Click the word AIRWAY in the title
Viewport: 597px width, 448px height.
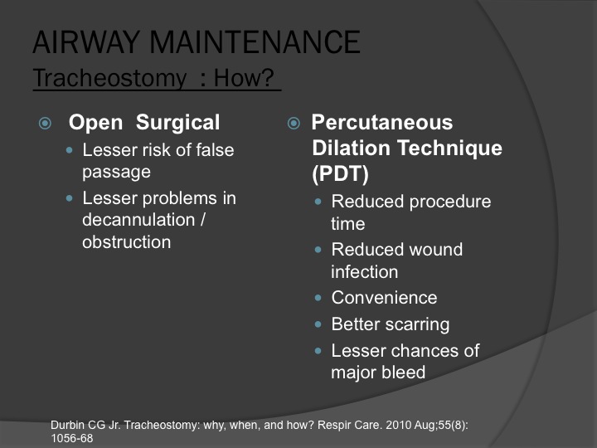pyautogui.click(x=86, y=42)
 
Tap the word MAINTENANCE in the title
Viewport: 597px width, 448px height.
pyautogui.click(x=255, y=42)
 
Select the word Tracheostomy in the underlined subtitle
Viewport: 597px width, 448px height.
pyautogui.click(x=109, y=79)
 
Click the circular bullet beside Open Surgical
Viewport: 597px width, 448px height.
pyautogui.click(x=45, y=123)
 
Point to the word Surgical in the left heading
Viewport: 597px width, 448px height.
pyautogui.click(x=177, y=123)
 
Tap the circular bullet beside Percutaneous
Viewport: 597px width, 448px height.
pyautogui.click(x=294, y=123)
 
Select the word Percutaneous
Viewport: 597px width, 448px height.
pyautogui.click(x=382, y=122)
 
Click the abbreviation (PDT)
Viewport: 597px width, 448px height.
pyautogui.click(x=341, y=173)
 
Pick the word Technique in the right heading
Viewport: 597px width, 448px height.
pyautogui.click(x=449, y=149)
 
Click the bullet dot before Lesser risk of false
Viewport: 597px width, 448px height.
pyautogui.click(x=69, y=150)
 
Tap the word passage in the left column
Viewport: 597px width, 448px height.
pyautogui.click(x=117, y=173)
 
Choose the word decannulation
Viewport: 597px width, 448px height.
pyautogui.click(x=138, y=220)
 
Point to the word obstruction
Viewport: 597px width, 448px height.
pyautogui.click(x=126, y=242)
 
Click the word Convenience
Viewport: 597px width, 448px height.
pyautogui.click(x=384, y=298)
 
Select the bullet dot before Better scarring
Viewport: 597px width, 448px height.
pyautogui.click(x=318, y=324)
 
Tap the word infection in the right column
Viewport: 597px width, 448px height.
pyautogui.click(x=364, y=271)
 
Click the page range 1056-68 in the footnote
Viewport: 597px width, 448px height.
pyautogui.click(x=72, y=439)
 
